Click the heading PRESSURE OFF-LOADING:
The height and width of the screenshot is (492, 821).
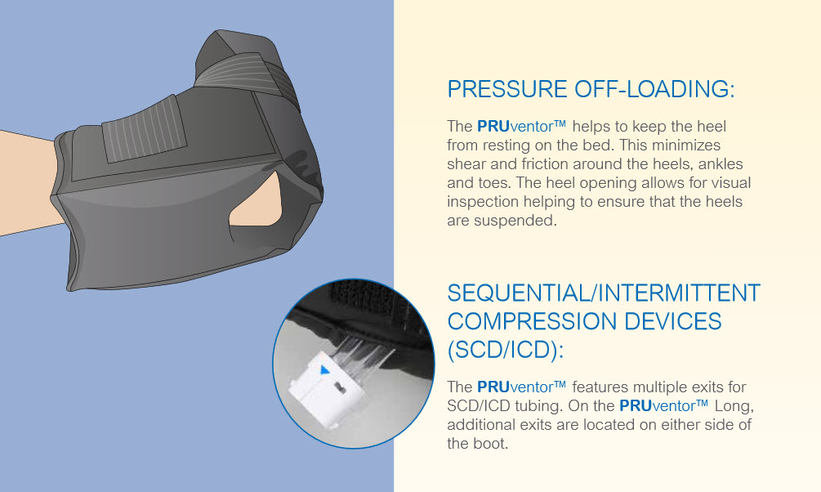[591, 89]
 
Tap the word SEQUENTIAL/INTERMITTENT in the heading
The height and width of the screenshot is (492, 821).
[604, 293]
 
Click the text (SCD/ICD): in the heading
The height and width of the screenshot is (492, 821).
[506, 349]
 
